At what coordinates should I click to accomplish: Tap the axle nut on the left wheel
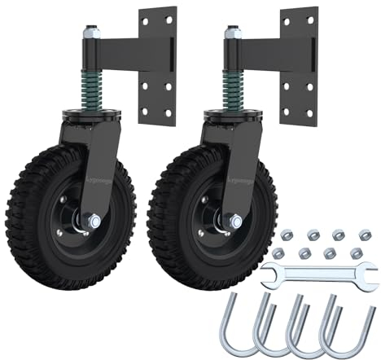[x=94, y=219]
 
